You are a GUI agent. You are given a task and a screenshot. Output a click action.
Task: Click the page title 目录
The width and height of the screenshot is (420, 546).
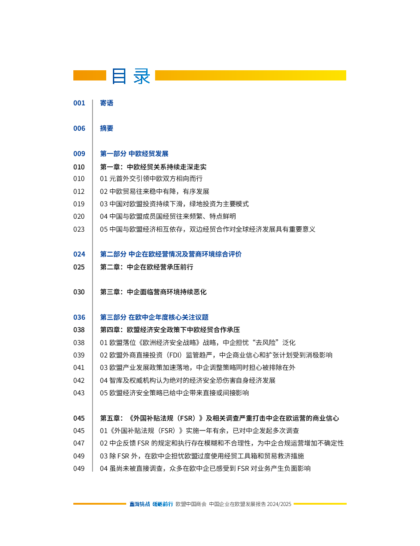pyautogui.click(x=131, y=76)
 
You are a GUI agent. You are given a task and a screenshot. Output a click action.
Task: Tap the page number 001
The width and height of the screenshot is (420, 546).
pyautogui.click(x=79, y=103)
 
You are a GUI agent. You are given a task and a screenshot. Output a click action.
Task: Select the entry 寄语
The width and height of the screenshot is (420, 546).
pyautogui.click(x=106, y=103)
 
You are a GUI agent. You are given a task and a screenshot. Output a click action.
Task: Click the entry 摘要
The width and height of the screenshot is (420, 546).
pyautogui.click(x=106, y=128)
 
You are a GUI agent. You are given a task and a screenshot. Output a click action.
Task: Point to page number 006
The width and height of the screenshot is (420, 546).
pyautogui.click(x=79, y=128)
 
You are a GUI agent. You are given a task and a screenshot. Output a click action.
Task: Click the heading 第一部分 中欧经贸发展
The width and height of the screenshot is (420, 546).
pyautogui.click(x=134, y=154)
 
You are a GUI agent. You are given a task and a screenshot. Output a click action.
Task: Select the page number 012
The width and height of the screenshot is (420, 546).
pyautogui.click(x=79, y=192)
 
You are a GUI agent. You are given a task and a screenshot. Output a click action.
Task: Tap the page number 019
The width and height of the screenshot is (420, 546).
pyautogui.click(x=79, y=204)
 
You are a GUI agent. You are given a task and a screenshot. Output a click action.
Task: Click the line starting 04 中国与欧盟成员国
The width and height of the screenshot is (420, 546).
pyautogui.click(x=168, y=217)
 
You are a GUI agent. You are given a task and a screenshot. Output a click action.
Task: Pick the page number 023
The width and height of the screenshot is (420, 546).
pyautogui.click(x=79, y=229)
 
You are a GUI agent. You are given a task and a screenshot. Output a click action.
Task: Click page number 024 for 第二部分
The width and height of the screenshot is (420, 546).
pyautogui.click(x=79, y=254)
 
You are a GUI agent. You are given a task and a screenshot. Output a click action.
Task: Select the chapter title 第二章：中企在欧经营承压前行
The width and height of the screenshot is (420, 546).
pyautogui.click(x=147, y=267)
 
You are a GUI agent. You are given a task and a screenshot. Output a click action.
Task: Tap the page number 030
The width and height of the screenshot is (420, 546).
pyautogui.click(x=79, y=292)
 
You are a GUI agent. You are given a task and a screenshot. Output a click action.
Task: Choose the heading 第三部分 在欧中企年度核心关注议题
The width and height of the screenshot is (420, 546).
pyautogui.click(x=154, y=317)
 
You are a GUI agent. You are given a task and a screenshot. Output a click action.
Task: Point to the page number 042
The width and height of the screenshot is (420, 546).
pyautogui.click(x=79, y=381)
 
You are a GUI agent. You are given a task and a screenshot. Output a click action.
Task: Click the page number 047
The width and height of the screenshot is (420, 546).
pyautogui.click(x=79, y=443)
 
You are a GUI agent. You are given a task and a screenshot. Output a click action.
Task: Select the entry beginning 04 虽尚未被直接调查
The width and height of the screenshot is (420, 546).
pyautogui.click(x=205, y=469)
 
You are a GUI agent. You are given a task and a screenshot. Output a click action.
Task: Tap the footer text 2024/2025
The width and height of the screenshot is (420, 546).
pyautogui.click(x=279, y=504)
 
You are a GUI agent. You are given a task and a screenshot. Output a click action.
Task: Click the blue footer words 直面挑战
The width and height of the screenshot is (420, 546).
pyautogui.click(x=140, y=504)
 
